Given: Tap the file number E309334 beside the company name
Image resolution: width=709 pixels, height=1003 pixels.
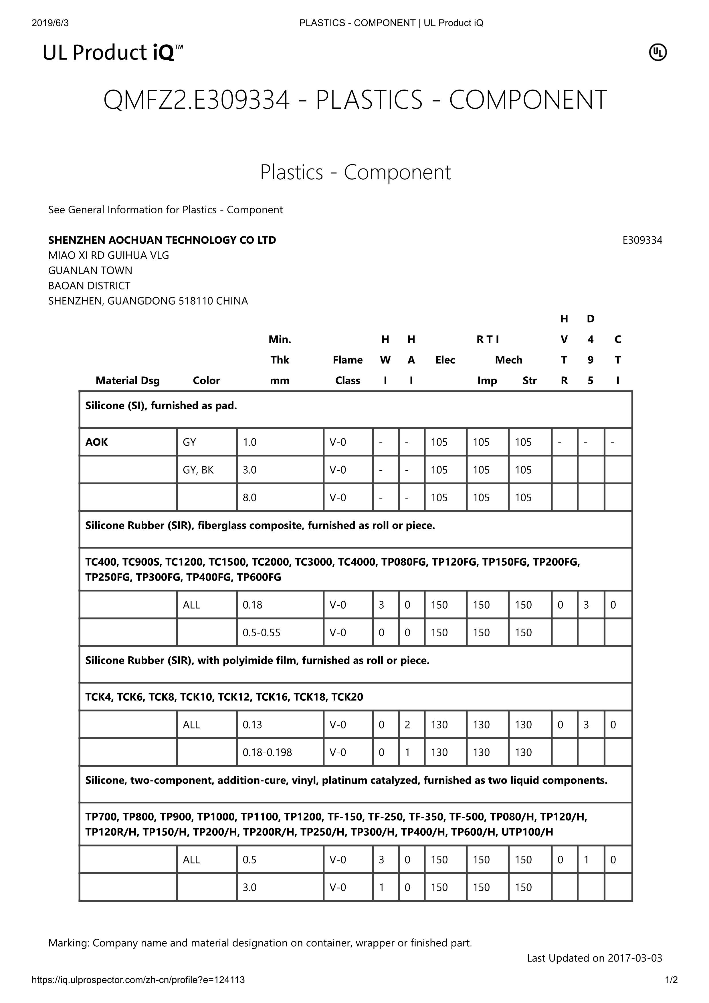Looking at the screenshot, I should point(642,240).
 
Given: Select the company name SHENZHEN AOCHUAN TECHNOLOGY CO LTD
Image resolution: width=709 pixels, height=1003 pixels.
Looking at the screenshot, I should point(162,240).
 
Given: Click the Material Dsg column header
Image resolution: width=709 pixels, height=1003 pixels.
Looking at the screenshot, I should point(128,380).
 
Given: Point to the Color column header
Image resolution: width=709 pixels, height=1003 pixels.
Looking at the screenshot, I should point(206,380).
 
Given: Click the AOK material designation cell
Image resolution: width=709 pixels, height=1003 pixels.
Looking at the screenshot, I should point(97,442).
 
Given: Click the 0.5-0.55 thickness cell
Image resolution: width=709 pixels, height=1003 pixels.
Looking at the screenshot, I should point(262,633).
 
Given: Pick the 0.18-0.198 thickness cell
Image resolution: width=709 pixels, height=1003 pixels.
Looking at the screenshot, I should point(267,752).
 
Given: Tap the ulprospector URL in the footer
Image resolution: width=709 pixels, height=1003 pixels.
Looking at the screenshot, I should point(138,980).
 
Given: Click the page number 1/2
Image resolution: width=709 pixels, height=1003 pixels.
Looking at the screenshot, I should point(671,980).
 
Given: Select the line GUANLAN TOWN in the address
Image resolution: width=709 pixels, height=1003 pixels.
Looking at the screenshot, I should point(90,270).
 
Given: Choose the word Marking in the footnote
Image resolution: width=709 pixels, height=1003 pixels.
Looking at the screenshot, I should point(69,943).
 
